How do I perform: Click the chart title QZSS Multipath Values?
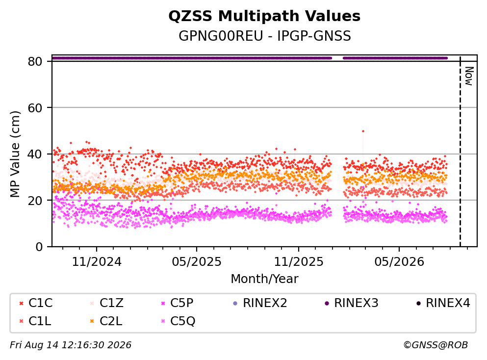tap(264, 16)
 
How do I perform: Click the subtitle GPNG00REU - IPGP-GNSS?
tap(265, 36)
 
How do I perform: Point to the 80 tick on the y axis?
tap(35, 61)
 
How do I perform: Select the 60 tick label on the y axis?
tap(35, 108)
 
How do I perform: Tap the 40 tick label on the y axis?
tap(35, 154)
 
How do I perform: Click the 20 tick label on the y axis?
tap(35, 200)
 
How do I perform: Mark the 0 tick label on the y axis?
tap(39, 247)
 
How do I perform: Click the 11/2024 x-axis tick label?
tap(97, 262)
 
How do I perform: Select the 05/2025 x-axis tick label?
tap(197, 262)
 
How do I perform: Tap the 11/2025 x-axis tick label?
tap(299, 262)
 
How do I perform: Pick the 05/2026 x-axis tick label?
tap(399, 262)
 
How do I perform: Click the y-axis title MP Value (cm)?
tap(15, 154)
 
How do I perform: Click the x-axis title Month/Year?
tap(264, 279)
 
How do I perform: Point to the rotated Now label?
tap(469, 76)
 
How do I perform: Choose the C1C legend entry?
tap(36, 303)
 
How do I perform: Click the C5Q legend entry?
tap(178, 321)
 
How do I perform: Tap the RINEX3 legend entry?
tap(352, 303)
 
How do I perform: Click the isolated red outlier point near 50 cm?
tap(363, 131)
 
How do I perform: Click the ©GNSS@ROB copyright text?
tap(436, 345)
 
